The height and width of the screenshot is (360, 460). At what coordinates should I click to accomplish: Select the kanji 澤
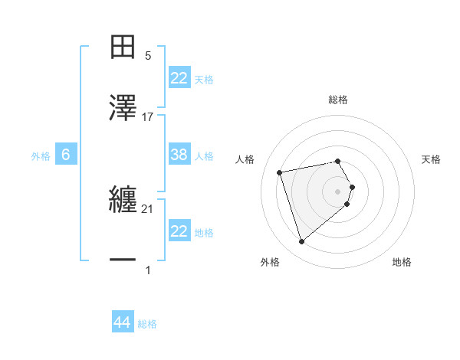pyautogui.click(x=123, y=108)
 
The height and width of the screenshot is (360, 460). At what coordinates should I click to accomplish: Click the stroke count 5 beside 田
pyautogui.click(x=148, y=55)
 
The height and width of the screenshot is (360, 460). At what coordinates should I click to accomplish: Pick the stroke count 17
pyautogui.click(x=148, y=116)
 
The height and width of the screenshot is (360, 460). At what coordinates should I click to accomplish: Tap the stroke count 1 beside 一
pyautogui.click(x=148, y=270)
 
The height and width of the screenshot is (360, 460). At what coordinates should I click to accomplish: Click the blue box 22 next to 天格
pyautogui.click(x=179, y=77)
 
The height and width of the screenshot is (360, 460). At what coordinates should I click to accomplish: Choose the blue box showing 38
pyautogui.click(x=179, y=155)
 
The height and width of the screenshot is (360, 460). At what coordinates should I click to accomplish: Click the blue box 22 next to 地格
pyautogui.click(x=179, y=231)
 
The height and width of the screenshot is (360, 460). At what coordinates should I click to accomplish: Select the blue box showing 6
pyautogui.click(x=66, y=155)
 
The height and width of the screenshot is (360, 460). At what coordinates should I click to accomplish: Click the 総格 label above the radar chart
pyautogui.click(x=337, y=100)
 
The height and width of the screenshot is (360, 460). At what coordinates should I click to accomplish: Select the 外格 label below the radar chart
pyautogui.click(x=270, y=262)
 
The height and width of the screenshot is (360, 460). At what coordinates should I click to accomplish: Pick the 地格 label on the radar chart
pyautogui.click(x=402, y=262)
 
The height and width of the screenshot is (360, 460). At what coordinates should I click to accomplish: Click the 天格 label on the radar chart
pyautogui.click(x=432, y=159)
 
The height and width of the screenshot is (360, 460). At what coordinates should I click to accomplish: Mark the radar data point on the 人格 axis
pyautogui.click(x=280, y=172)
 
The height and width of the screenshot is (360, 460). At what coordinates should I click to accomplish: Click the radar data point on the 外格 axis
pyautogui.click(x=301, y=242)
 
